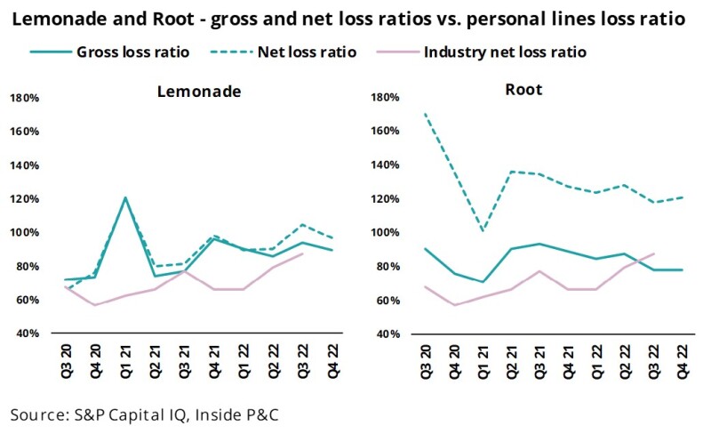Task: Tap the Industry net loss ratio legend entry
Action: (505, 52)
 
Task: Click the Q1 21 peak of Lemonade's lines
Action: (125, 197)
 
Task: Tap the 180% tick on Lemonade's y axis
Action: (24, 98)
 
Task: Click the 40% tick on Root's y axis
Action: (379, 334)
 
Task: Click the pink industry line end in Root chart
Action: (653, 253)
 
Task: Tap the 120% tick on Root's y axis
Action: (378, 199)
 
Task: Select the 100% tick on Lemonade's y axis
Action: (24, 233)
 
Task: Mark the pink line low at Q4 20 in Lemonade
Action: (95, 305)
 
